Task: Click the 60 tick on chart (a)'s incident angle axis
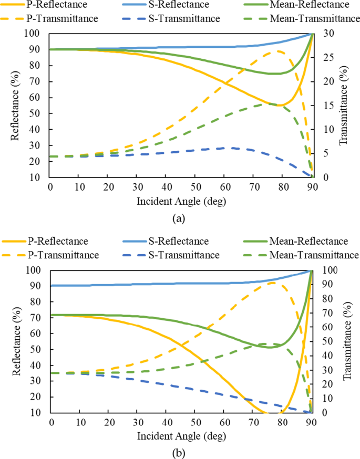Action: tap(224, 187)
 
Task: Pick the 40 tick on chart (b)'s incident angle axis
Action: tap(167, 423)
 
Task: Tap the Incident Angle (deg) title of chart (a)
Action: tap(181, 201)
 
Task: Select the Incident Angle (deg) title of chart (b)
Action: tap(181, 436)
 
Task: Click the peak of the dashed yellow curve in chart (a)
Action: tap(277, 51)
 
